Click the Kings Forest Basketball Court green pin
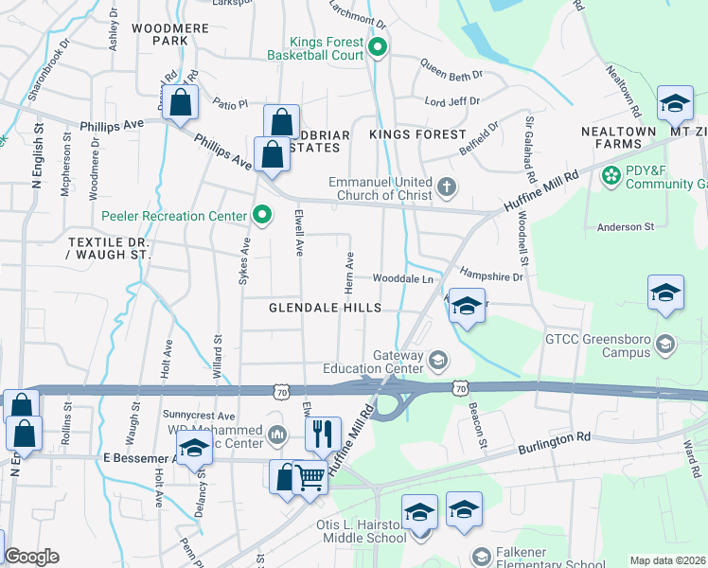click(379, 46)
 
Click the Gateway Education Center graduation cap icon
click(437, 359)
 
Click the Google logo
click(31, 557)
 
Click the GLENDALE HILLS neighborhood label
click(325, 308)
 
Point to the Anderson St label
click(626, 227)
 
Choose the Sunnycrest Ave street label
click(198, 416)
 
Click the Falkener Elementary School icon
click(481, 556)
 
